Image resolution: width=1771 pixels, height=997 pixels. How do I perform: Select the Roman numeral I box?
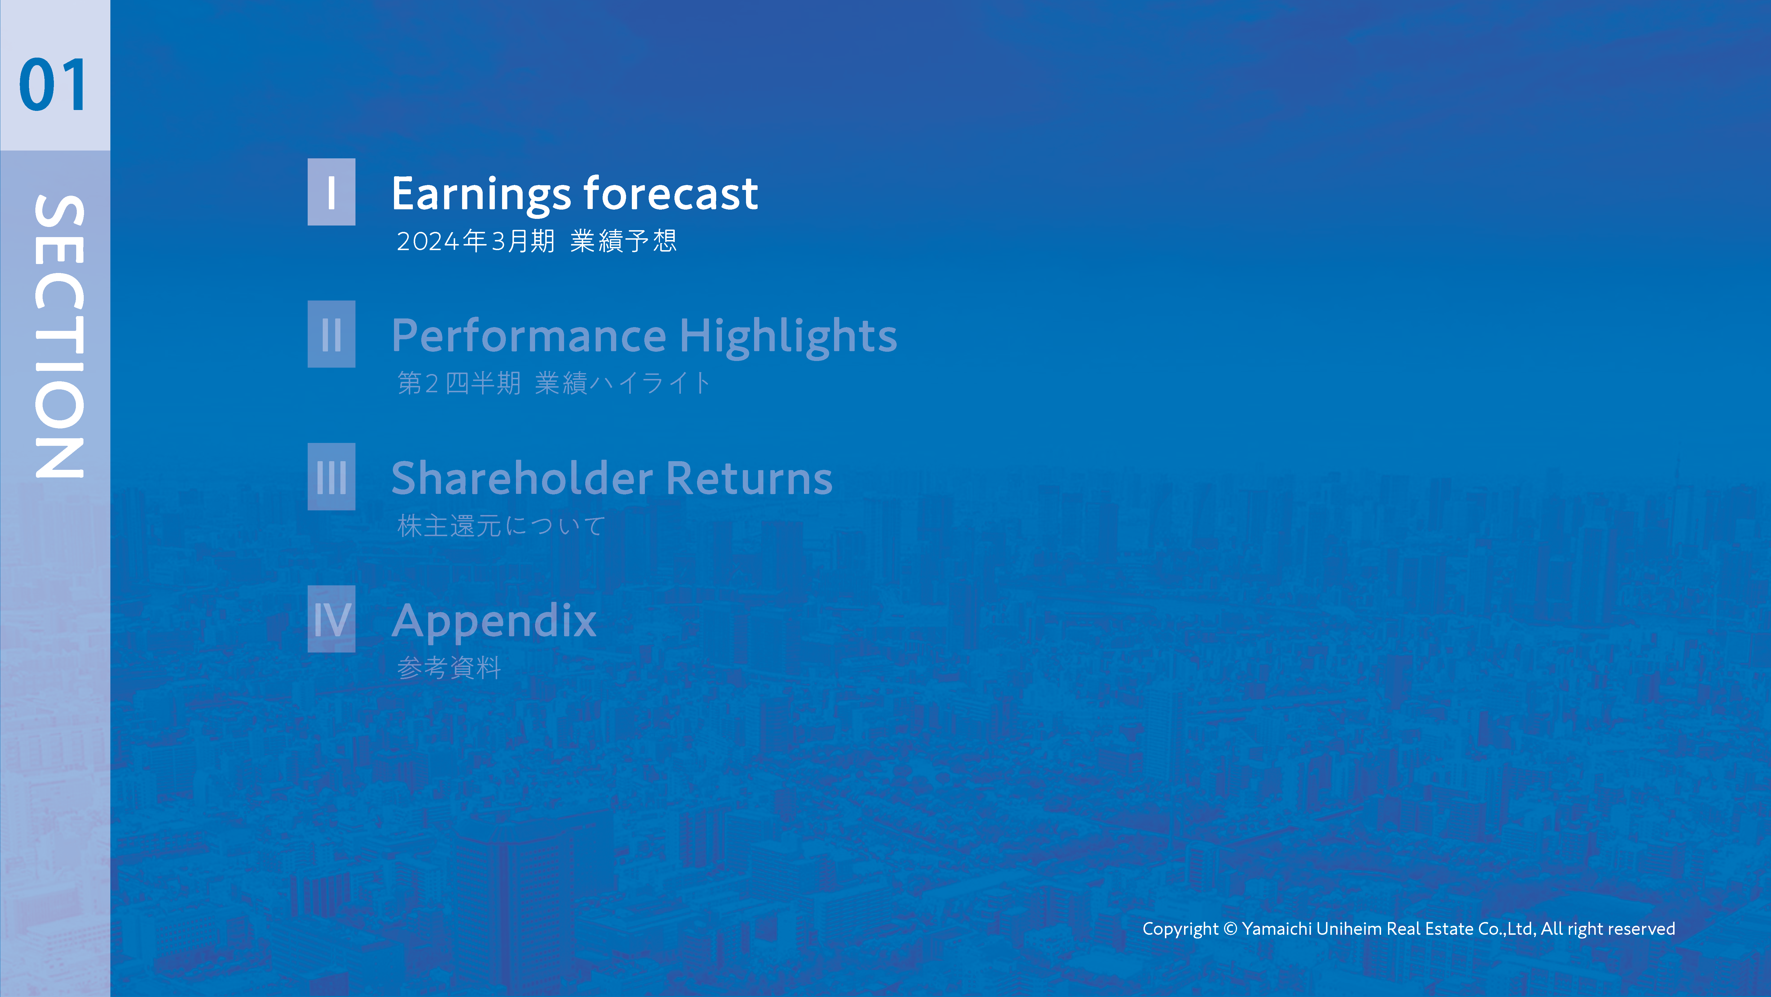click(331, 192)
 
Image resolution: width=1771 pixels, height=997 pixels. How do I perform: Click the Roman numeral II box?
click(331, 334)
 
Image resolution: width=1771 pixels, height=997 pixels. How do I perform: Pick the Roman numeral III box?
click(331, 477)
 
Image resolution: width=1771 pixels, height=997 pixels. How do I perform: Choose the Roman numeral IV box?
click(331, 619)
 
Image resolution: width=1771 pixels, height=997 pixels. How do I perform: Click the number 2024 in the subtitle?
click(428, 241)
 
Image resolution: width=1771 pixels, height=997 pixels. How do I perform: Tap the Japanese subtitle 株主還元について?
click(501, 526)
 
